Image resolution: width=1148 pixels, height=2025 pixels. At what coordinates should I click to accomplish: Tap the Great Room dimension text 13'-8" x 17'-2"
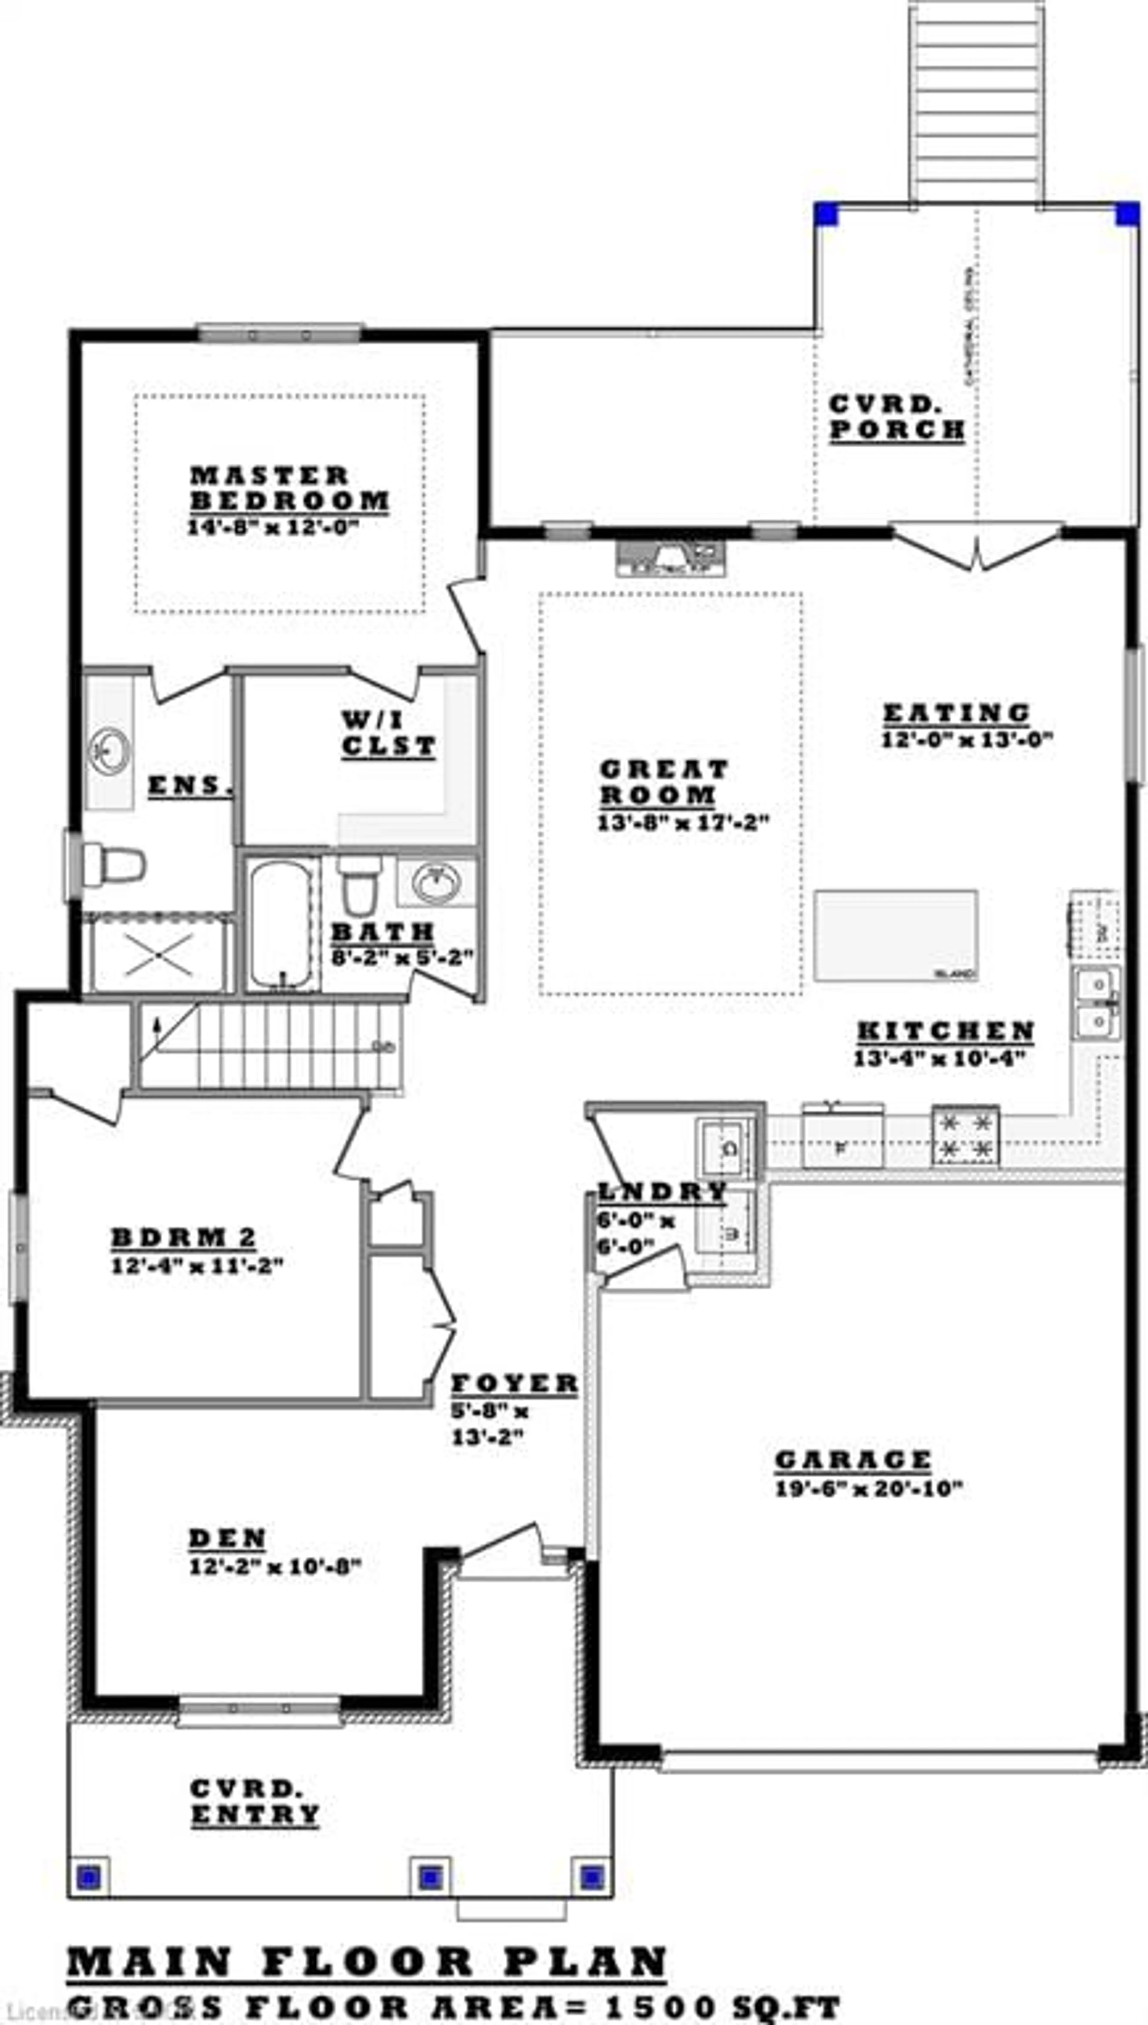[x=683, y=822]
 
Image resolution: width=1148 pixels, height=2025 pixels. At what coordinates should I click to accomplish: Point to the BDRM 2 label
[x=184, y=1238]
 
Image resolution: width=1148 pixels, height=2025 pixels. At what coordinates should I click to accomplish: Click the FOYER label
[x=514, y=1384]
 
